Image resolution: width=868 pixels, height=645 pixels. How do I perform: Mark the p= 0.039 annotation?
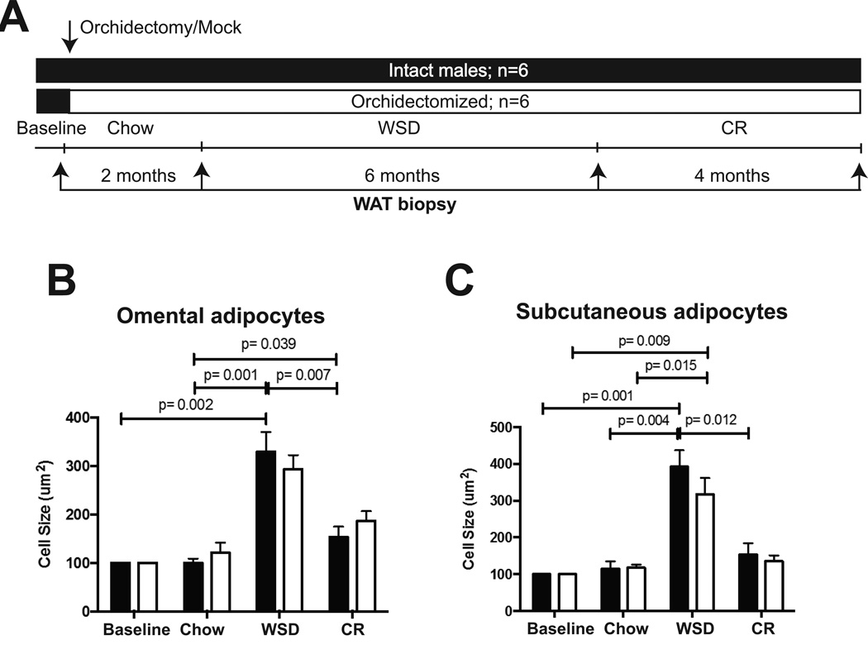coord(264,342)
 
